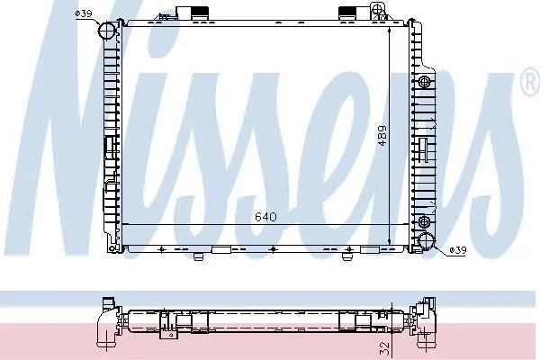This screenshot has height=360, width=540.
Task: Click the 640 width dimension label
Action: pyautogui.click(x=265, y=217)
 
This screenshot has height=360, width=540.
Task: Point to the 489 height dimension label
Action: pyautogui.click(x=382, y=136)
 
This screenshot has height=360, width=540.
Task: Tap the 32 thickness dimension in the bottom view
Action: pyautogui.click(x=384, y=348)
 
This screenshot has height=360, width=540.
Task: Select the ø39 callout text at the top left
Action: pyautogui.click(x=84, y=13)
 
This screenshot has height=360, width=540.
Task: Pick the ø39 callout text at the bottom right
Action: pyautogui.click(x=458, y=250)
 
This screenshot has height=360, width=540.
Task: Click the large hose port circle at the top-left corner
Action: pyautogui.click(x=106, y=31)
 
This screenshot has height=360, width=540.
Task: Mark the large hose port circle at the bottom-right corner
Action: pyautogui.click(x=427, y=241)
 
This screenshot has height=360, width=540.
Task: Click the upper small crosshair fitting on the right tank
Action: pyautogui.click(x=424, y=82)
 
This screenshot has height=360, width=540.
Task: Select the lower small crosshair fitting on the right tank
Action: pyautogui.click(x=424, y=220)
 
